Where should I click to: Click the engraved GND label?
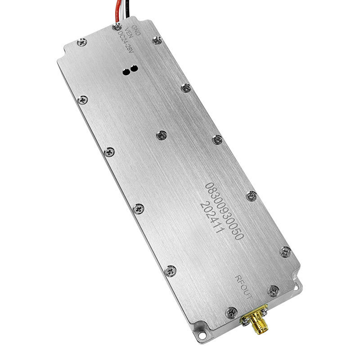click(x=135, y=30)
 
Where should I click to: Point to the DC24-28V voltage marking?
click(x=126, y=42)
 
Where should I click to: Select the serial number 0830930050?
click(x=224, y=211)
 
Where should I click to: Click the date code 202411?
click(x=212, y=217)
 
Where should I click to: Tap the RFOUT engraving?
click(x=243, y=287)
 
